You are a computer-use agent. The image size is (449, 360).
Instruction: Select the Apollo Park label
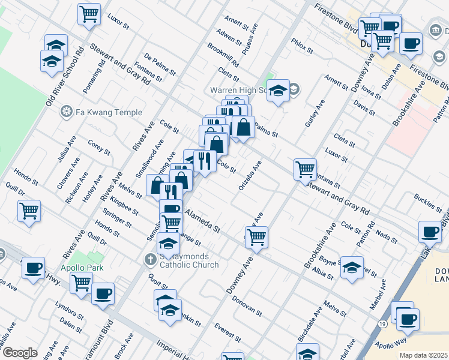coord(82,268)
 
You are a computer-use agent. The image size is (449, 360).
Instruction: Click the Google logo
coord(20,352)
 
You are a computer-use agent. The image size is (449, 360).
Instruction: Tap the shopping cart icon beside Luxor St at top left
coord(89,14)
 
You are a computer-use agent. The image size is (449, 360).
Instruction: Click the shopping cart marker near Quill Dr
coord(29,211)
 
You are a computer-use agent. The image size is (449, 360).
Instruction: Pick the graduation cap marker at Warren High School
coord(279,91)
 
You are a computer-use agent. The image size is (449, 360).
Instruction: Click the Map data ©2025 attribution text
coord(423,355)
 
